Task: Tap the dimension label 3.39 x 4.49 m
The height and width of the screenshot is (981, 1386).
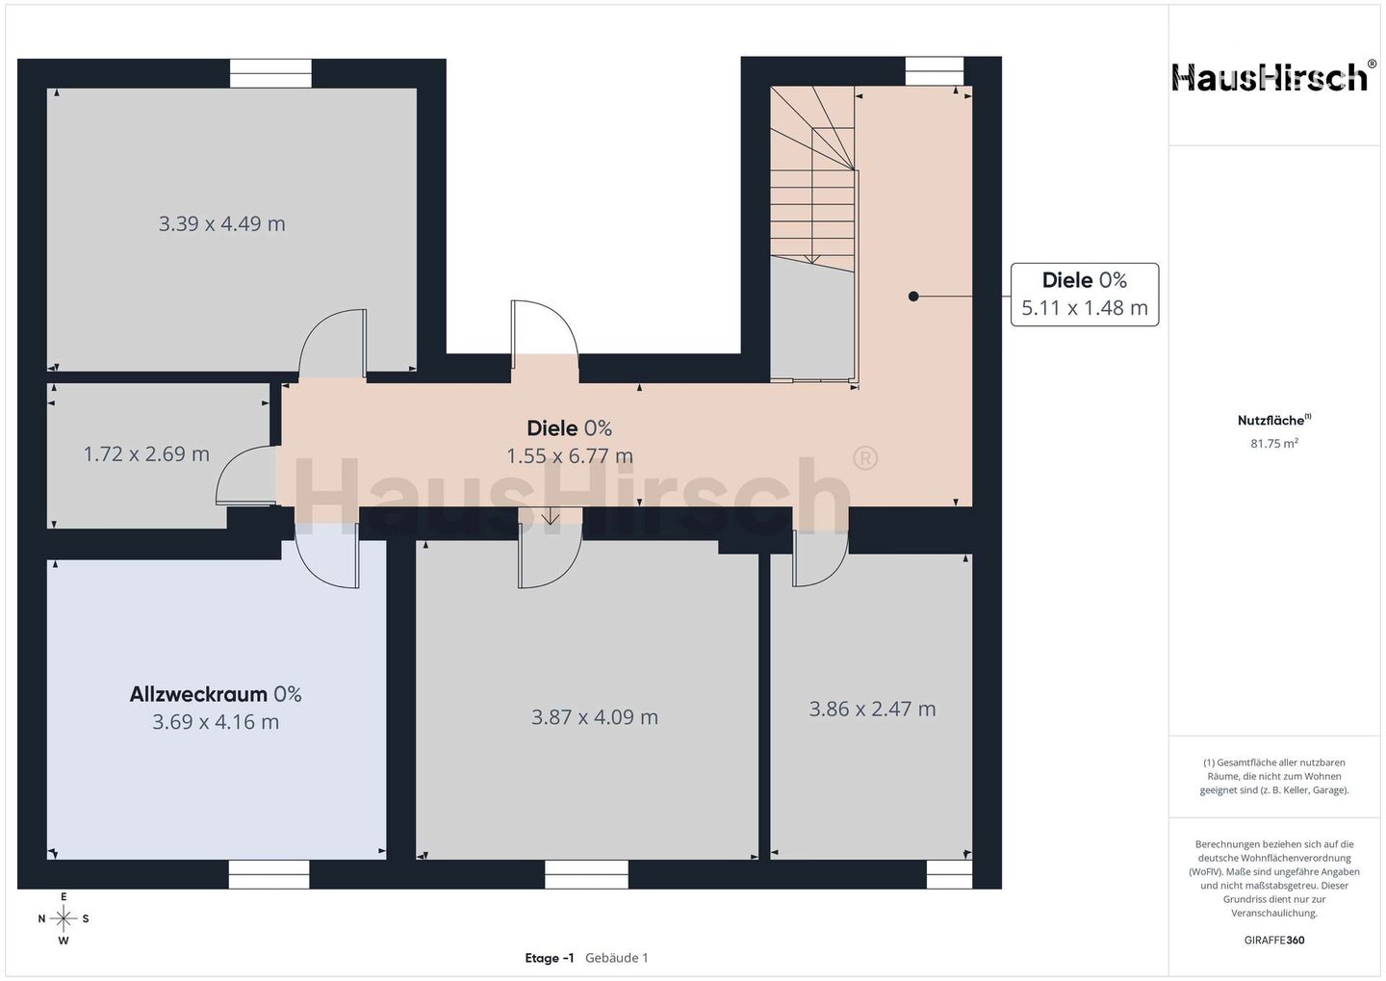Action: [x=222, y=223]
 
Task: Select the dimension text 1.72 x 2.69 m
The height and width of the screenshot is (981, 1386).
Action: [x=146, y=454]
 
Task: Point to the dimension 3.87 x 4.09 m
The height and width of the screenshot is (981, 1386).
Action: [x=595, y=716]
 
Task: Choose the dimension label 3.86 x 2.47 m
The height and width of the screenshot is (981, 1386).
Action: [x=872, y=709]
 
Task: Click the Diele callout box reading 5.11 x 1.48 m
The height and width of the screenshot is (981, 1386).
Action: [x=1085, y=295]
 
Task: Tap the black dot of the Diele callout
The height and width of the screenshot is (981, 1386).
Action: [x=913, y=297]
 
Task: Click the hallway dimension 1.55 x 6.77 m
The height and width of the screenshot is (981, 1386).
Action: [x=570, y=456]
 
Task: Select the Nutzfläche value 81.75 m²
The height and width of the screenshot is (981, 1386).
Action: [x=1274, y=443]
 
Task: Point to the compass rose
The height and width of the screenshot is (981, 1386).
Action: [x=64, y=918]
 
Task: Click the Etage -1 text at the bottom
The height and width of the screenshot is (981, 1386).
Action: [x=550, y=958]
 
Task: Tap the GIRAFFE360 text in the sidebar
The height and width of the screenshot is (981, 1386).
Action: [x=1274, y=941]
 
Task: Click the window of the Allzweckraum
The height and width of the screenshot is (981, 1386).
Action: [x=269, y=874]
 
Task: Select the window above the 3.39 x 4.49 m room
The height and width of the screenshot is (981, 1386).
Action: [x=271, y=73]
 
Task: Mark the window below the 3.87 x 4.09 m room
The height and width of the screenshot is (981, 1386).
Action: [x=586, y=874]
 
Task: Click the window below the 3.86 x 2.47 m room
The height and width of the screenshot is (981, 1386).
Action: [x=949, y=874]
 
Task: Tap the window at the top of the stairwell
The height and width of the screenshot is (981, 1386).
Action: [x=935, y=71]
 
